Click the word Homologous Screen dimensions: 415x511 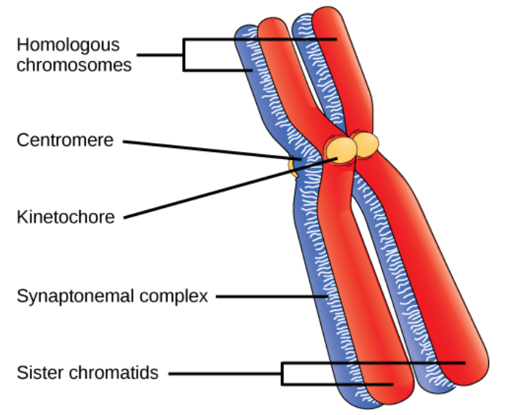[68, 45]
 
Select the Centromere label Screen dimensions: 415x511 [65, 140]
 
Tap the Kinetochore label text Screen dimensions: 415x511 [66, 217]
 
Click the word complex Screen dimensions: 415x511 [178, 297]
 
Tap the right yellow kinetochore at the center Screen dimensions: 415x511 [366, 142]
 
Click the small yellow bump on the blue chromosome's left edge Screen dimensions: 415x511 [293, 168]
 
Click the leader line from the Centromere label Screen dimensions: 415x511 [211, 148]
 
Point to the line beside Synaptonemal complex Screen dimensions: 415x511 [269, 297]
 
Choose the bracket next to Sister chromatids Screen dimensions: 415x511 [283, 374]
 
